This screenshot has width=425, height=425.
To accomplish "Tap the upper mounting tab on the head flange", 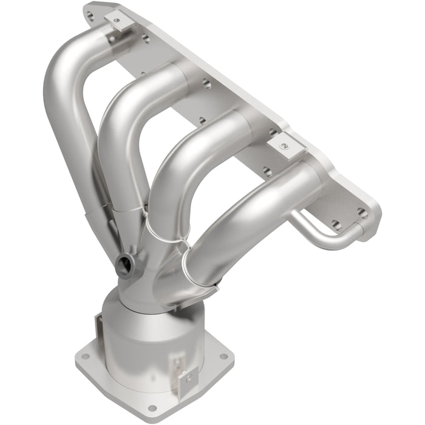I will tap(115, 22).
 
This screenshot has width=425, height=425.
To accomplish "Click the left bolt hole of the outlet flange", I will tap(85, 358).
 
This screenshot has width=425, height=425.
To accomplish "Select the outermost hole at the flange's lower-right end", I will tap(362, 213).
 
